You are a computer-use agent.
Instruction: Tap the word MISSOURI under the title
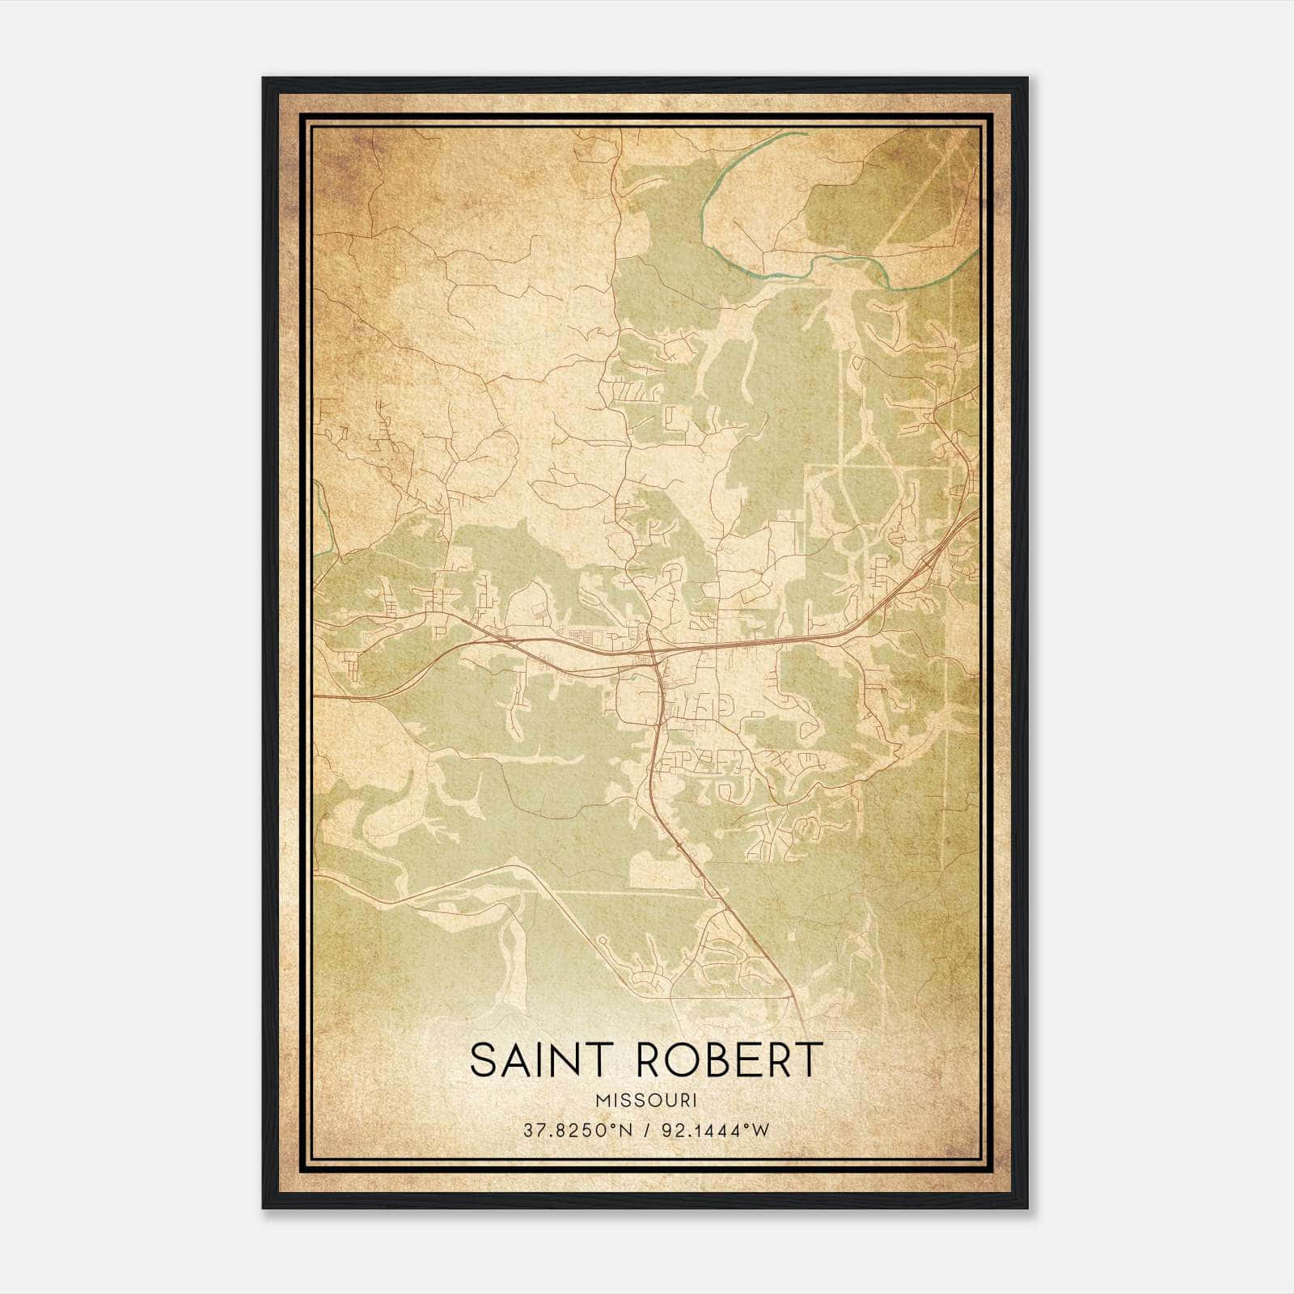tap(645, 1101)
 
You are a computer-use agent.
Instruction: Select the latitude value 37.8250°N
tap(573, 1131)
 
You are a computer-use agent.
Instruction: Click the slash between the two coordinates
tap(647, 1131)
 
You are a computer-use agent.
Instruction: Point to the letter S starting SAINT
tap(482, 1060)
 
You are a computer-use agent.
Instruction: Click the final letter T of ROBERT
tap(810, 1060)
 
